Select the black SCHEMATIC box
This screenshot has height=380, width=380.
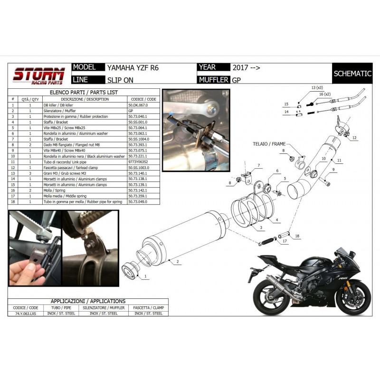352,74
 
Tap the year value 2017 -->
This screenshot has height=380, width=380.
246,67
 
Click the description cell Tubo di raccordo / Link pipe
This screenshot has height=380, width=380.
78,162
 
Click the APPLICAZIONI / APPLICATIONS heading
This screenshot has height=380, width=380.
88,301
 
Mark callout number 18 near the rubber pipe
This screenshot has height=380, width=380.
297,236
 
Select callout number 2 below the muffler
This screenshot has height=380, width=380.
177,262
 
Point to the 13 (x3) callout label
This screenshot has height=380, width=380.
317,88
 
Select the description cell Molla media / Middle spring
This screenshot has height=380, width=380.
78,196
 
